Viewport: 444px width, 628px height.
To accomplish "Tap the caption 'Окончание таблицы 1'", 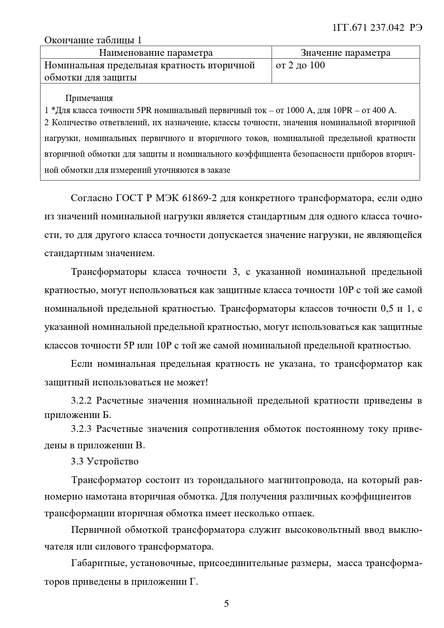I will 93,40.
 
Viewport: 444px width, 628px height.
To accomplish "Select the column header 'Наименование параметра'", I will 156,53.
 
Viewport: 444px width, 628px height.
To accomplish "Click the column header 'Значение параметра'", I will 345,53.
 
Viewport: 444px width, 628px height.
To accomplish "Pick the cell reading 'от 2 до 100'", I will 301,65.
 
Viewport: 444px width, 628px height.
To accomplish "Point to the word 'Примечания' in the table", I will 89,98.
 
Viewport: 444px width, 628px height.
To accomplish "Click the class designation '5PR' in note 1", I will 142,110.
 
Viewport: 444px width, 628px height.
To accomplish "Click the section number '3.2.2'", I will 82,400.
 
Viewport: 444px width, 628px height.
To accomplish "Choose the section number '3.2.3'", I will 82,429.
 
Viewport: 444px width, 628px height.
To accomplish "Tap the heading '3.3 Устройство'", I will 104,461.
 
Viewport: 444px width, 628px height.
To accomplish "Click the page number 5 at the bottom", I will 226,604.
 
